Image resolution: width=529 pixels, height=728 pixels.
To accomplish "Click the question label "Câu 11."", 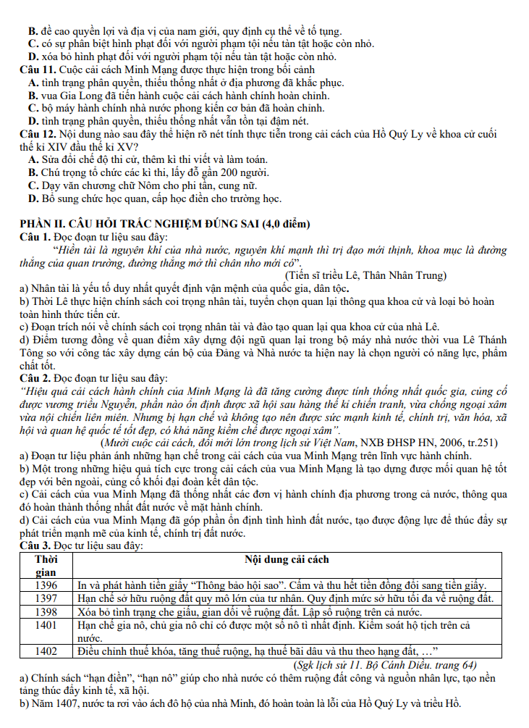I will point(36,70).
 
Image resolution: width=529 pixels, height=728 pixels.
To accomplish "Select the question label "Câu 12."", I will point(36,135).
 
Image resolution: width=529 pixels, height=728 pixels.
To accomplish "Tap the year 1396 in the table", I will point(46,585).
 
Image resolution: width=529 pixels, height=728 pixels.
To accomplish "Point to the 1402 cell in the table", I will point(46,651).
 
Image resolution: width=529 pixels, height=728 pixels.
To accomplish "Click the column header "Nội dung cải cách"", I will point(287,559).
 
